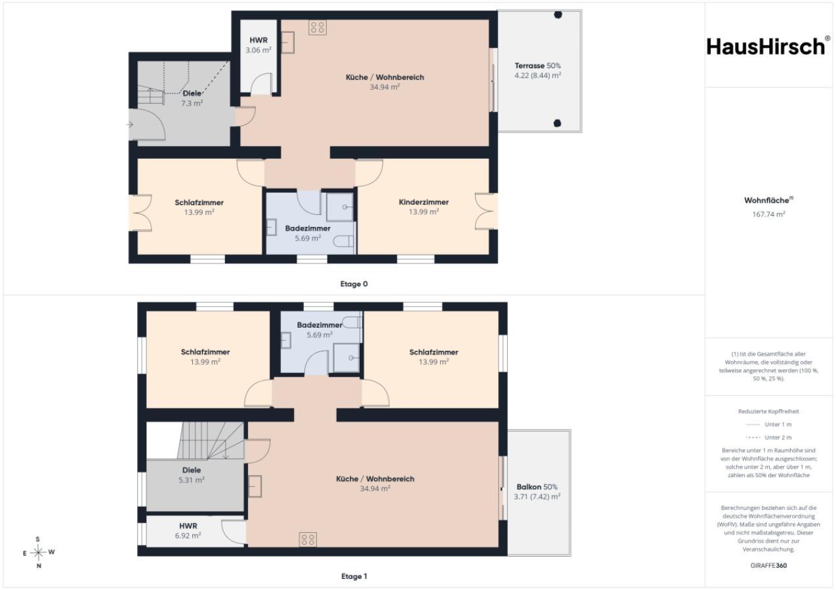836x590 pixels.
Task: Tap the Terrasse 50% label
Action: pyautogui.click(x=537, y=66)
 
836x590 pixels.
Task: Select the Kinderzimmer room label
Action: pyautogui.click(x=424, y=202)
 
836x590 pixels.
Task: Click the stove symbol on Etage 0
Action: pyautogui.click(x=317, y=28)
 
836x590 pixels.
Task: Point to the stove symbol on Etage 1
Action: pyautogui.click(x=308, y=540)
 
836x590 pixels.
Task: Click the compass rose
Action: pyautogui.click(x=38, y=553)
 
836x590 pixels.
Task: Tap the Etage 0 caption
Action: pyautogui.click(x=354, y=284)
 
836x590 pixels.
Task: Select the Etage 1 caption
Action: pyautogui.click(x=354, y=576)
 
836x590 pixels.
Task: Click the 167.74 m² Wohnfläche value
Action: pyautogui.click(x=768, y=214)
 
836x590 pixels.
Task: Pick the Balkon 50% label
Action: pyautogui.click(x=537, y=486)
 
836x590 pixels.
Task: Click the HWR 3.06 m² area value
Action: pyautogui.click(x=259, y=50)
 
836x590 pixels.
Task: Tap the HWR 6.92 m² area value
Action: pyautogui.click(x=188, y=536)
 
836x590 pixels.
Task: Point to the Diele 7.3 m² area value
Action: pyautogui.click(x=192, y=103)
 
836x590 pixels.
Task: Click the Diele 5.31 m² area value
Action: pyautogui.click(x=192, y=480)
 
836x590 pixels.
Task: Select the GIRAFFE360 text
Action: pyautogui.click(x=768, y=565)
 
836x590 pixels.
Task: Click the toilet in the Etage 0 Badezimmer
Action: pyautogui.click(x=343, y=242)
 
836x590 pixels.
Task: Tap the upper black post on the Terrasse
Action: pyautogui.click(x=558, y=15)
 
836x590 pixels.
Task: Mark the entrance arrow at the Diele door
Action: pyautogui.click(x=130, y=125)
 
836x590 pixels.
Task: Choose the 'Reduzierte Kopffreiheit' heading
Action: pyautogui.click(x=768, y=411)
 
